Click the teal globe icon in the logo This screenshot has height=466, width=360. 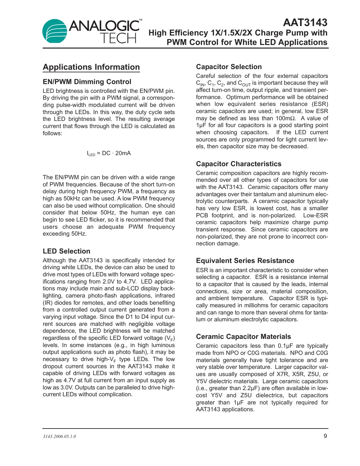pos(54,31)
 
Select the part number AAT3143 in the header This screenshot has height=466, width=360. pos(305,22)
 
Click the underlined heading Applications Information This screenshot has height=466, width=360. pos(91,67)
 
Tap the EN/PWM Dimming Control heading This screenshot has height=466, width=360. pos(87,82)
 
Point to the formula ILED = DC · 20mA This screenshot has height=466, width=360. pos(109,153)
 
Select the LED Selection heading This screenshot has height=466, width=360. pos(66,251)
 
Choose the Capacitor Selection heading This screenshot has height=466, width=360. pos(229,67)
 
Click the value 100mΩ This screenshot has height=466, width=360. pos(286,118)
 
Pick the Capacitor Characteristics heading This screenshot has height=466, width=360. pos(238,164)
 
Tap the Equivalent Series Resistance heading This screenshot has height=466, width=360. pos(245,261)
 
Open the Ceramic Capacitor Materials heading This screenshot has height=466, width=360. pos(243,337)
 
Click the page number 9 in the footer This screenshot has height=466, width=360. pos(325,436)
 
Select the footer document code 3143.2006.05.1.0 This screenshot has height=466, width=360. pos(59,437)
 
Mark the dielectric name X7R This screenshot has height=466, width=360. pos(282,374)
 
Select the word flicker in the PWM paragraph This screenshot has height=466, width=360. pos(97,220)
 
